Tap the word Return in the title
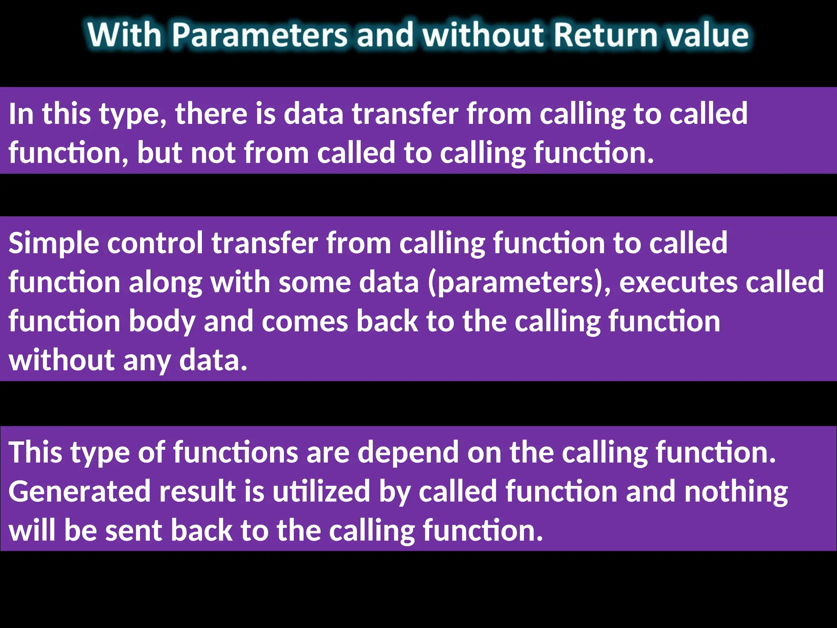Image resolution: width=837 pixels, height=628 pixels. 605,35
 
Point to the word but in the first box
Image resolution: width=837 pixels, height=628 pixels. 160,153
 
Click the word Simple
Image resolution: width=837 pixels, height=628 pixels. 54,244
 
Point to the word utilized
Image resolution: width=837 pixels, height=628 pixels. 321,492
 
